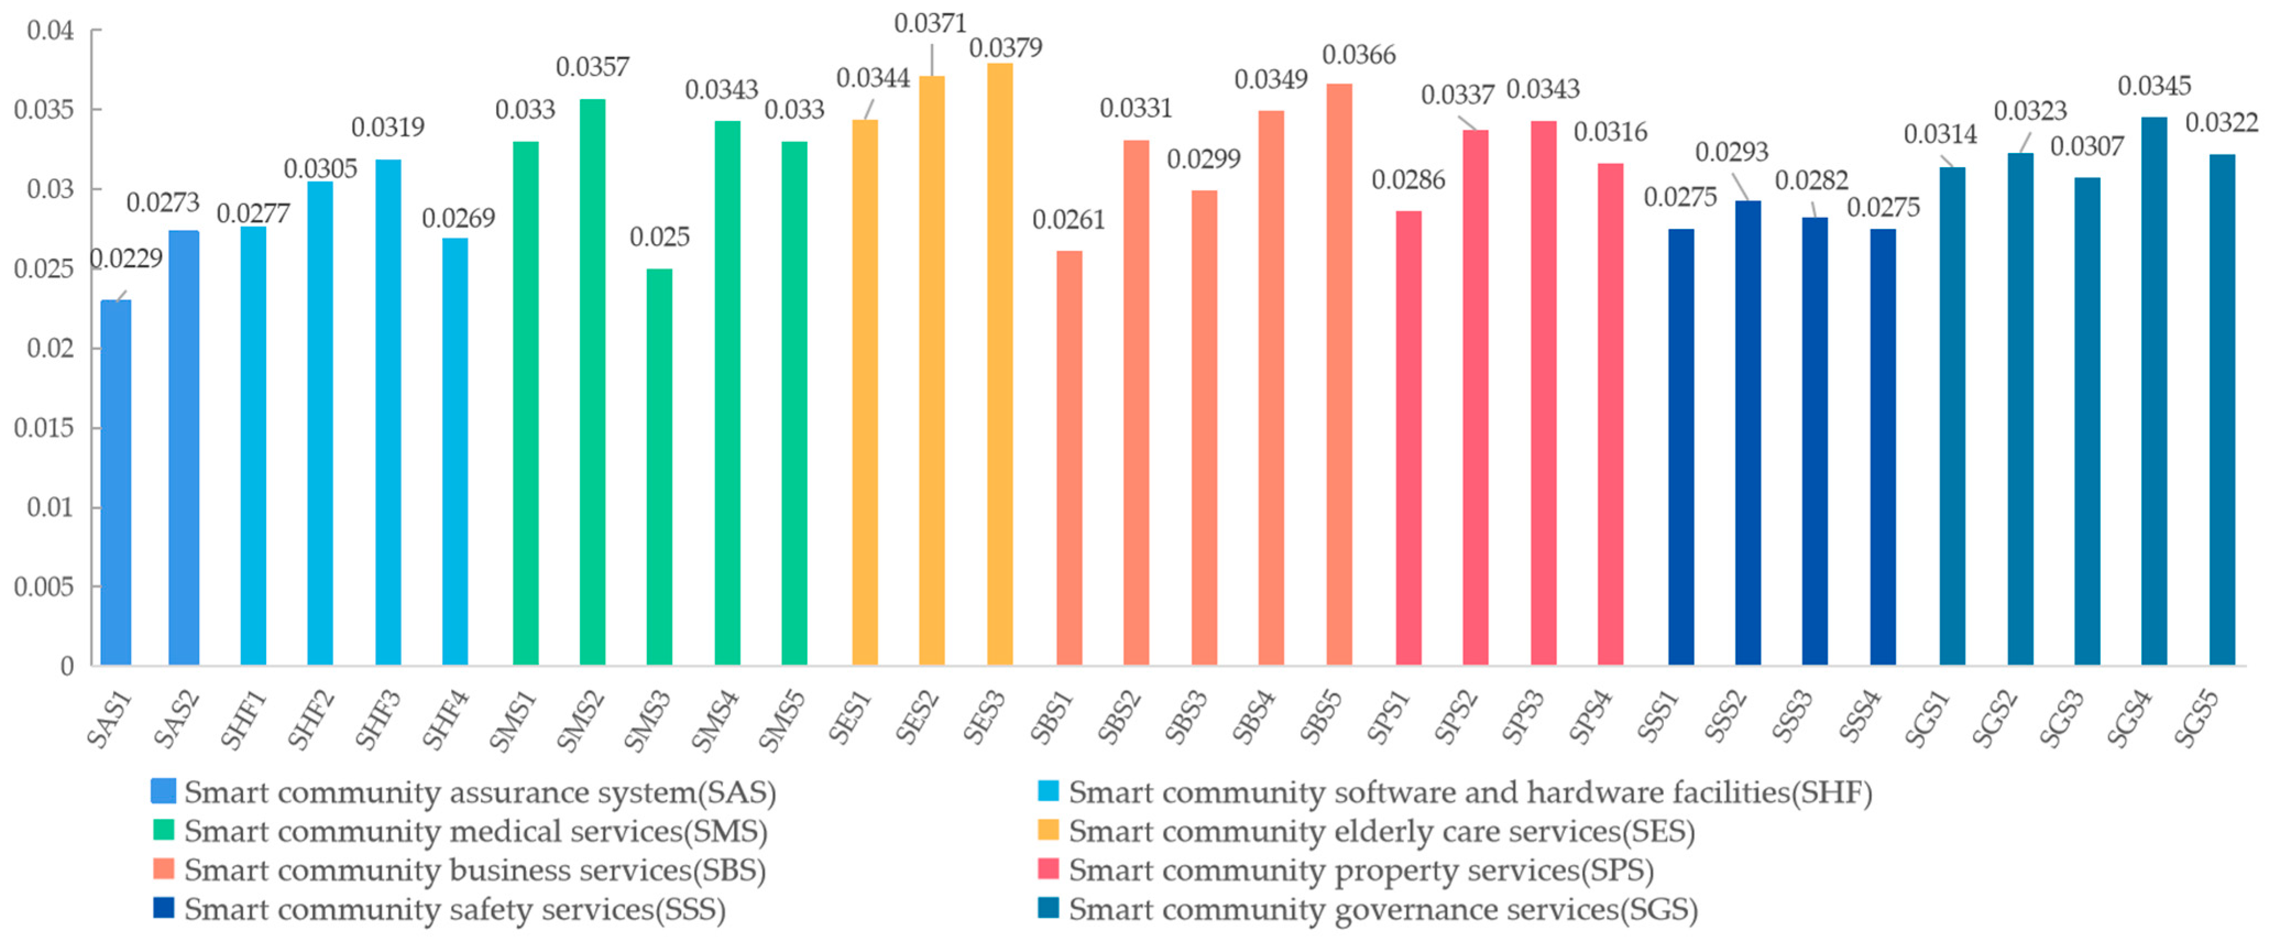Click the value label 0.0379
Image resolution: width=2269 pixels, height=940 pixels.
click(x=1005, y=47)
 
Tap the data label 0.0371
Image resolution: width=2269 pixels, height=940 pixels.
click(x=930, y=24)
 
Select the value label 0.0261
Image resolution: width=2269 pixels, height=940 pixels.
click(x=1068, y=219)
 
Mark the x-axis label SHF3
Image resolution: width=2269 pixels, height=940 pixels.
click(x=379, y=720)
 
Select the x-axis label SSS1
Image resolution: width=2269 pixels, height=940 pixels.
click(x=1658, y=720)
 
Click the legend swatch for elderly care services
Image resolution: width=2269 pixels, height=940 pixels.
click(x=1048, y=830)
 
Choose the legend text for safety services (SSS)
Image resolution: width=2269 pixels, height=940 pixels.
click(x=454, y=909)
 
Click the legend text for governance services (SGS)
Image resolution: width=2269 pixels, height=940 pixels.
click(x=1383, y=909)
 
